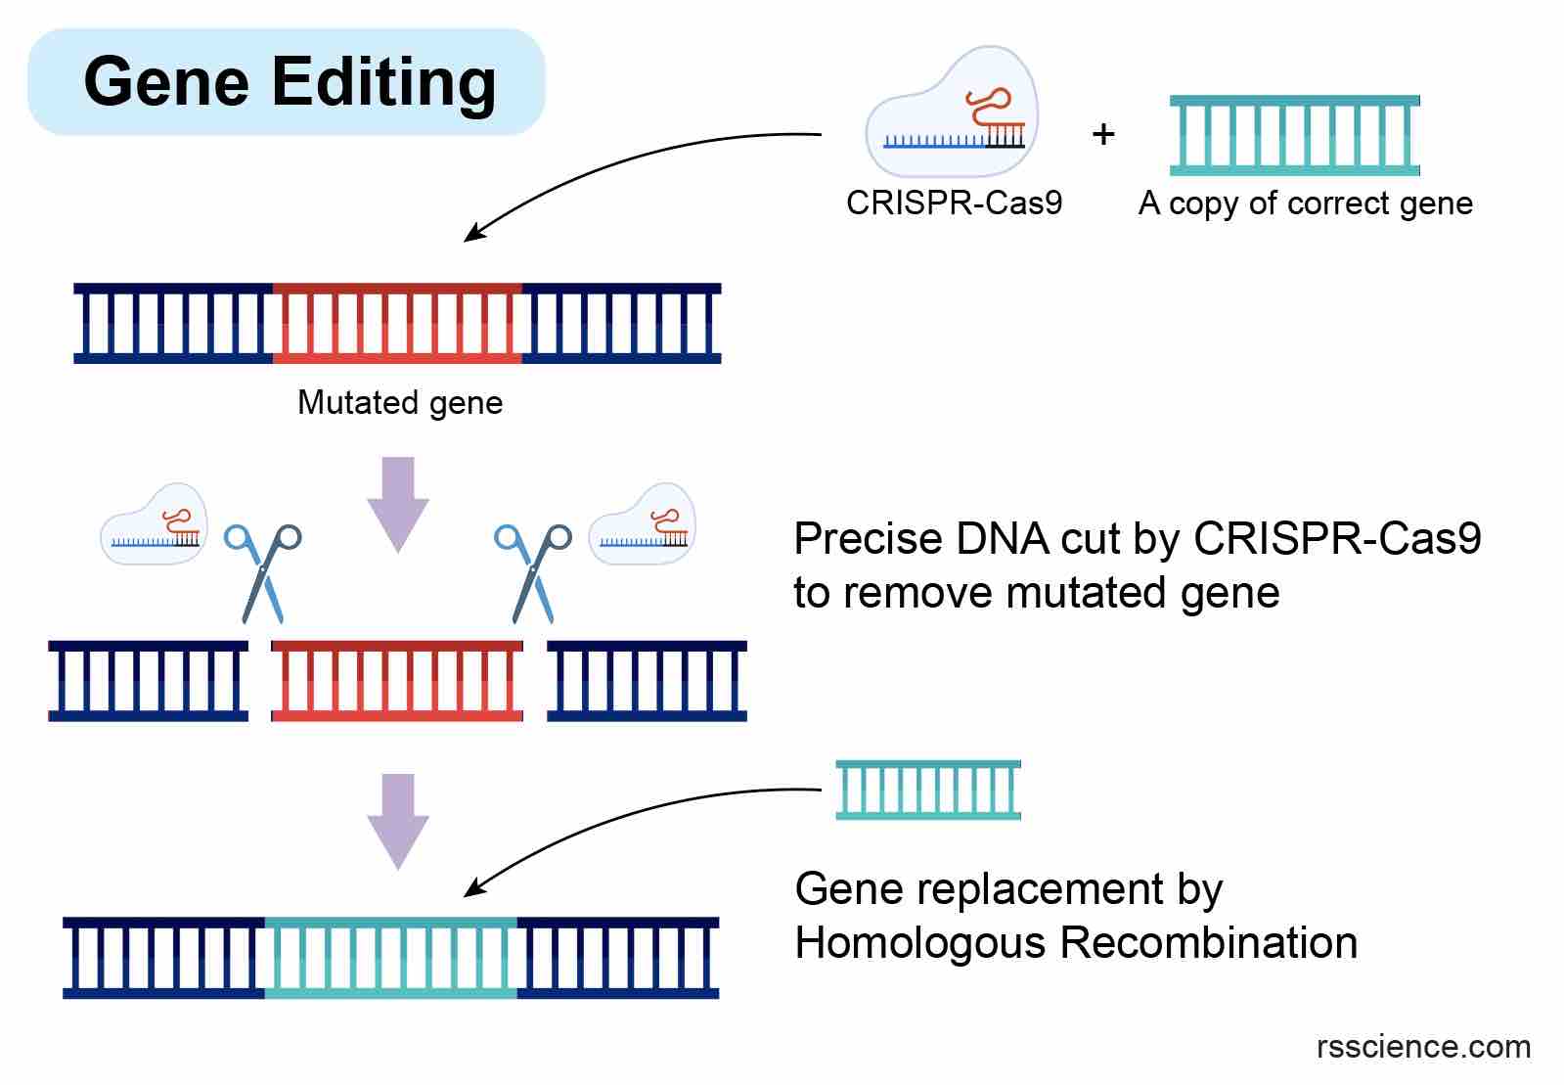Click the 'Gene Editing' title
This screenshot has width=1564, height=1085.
click(x=290, y=81)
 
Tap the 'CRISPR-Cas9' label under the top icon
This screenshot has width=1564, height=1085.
click(x=954, y=203)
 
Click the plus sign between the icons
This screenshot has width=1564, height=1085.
click(x=1103, y=134)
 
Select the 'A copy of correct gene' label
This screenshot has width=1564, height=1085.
click(x=1305, y=203)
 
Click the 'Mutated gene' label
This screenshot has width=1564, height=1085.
click(x=399, y=402)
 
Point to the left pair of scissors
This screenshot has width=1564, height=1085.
click(x=262, y=572)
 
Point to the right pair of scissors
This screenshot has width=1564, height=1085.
click(x=533, y=572)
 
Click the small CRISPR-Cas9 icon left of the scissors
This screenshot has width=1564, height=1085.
click(x=154, y=525)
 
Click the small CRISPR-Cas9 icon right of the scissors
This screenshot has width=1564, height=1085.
click(x=642, y=525)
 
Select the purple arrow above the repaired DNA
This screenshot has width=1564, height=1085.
click(x=398, y=821)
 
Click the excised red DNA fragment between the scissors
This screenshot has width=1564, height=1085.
click(x=396, y=681)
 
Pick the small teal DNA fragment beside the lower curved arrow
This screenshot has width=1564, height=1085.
click(x=927, y=789)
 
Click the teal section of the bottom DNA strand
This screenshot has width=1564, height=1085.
click(x=390, y=958)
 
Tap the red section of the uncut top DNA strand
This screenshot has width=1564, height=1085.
click(x=396, y=324)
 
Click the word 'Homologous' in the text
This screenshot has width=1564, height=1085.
click(x=920, y=943)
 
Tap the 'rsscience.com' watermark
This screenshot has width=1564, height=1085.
click(x=1423, y=1047)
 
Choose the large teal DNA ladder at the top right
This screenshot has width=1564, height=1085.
click(x=1294, y=135)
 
